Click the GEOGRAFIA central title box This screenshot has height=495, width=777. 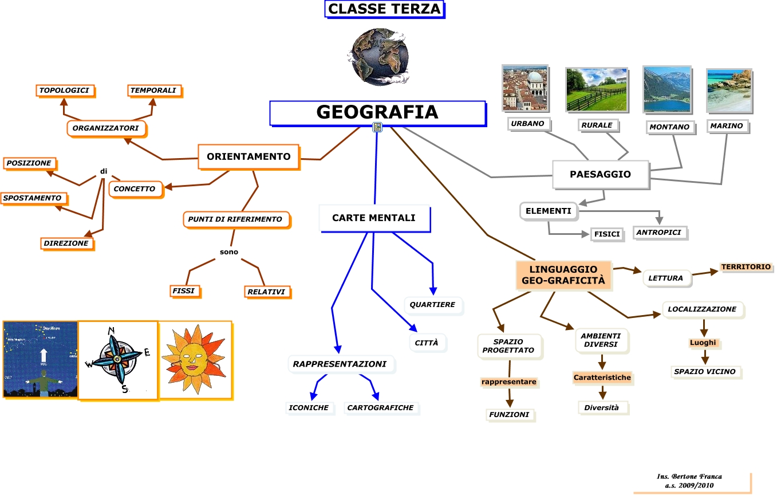[x=377, y=113]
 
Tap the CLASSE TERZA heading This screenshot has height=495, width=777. [x=384, y=9]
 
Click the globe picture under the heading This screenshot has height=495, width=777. [x=378, y=56]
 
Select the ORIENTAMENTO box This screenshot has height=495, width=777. [x=249, y=156]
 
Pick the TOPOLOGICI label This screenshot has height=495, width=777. [x=64, y=91]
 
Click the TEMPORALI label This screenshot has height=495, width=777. [x=153, y=91]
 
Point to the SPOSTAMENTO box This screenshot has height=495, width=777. [x=33, y=198]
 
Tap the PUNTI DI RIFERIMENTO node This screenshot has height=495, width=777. [x=235, y=219]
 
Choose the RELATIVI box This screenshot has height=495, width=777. [x=266, y=292]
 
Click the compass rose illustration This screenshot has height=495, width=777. [x=117, y=359]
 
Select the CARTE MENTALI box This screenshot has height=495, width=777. [x=374, y=218]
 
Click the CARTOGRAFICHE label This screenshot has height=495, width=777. [x=380, y=408]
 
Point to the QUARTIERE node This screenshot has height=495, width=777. [x=432, y=305]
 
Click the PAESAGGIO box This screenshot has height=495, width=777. [x=600, y=174]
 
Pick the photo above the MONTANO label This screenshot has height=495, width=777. [x=666, y=89]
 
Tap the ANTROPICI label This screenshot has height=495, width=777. [x=659, y=233]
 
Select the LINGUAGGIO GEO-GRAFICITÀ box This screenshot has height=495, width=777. [x=563, y=275]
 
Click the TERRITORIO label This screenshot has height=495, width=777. [x=746, y=267]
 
